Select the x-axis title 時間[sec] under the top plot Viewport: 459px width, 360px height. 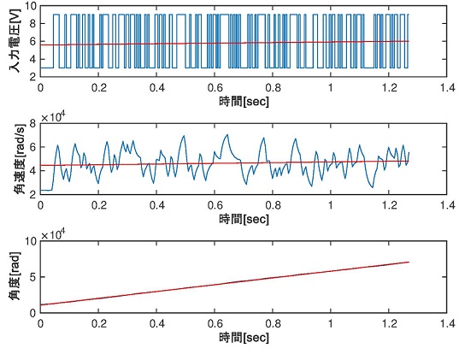coord(243,100)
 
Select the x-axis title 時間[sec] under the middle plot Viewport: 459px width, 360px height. coord(243,219)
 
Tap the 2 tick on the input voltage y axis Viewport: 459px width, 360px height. coord(32,76)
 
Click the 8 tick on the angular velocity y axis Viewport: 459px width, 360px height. coord(32,123)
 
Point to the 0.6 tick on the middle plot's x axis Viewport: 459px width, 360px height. coord(214,205)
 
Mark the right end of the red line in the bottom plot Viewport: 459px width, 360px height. coord(409,262)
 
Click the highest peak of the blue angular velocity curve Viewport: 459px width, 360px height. coord(227,134)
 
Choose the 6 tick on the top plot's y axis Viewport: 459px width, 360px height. coord(32,40)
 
